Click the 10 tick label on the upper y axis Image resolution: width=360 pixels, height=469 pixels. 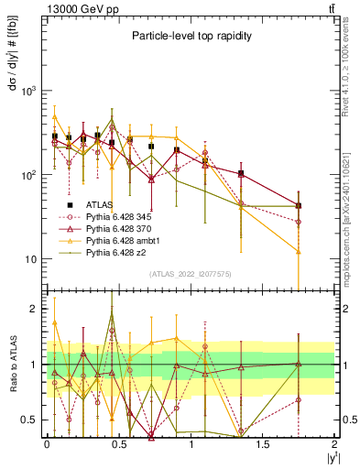pos(34,259)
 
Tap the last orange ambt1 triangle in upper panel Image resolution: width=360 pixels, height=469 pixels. pos(299,251)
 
